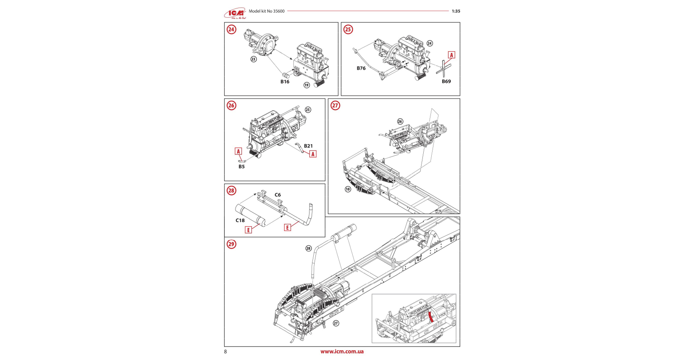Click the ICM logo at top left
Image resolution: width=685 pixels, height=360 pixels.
235,14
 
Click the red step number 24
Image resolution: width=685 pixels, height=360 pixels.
231,29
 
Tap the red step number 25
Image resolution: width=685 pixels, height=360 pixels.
348,29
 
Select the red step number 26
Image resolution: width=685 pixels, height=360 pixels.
231,105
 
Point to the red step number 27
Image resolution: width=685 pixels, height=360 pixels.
335,105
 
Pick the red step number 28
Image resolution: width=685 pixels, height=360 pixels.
231,190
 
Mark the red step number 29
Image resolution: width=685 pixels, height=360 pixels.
231,244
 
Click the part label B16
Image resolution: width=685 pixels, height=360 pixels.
285,82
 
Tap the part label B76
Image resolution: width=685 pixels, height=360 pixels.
361,68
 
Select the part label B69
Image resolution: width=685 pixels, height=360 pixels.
447,81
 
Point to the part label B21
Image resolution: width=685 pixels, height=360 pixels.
308,146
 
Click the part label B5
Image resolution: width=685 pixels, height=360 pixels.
241,167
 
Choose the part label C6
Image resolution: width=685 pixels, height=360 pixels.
278,195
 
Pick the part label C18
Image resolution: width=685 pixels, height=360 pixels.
240,220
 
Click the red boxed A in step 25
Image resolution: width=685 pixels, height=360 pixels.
452,55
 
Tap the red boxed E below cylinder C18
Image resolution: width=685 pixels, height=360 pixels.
249,230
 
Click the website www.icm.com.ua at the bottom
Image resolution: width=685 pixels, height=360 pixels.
342,352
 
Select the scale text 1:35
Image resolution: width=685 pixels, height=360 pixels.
456,11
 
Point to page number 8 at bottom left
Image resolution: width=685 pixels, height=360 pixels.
225,352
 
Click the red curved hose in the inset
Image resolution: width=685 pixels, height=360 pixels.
431,316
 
